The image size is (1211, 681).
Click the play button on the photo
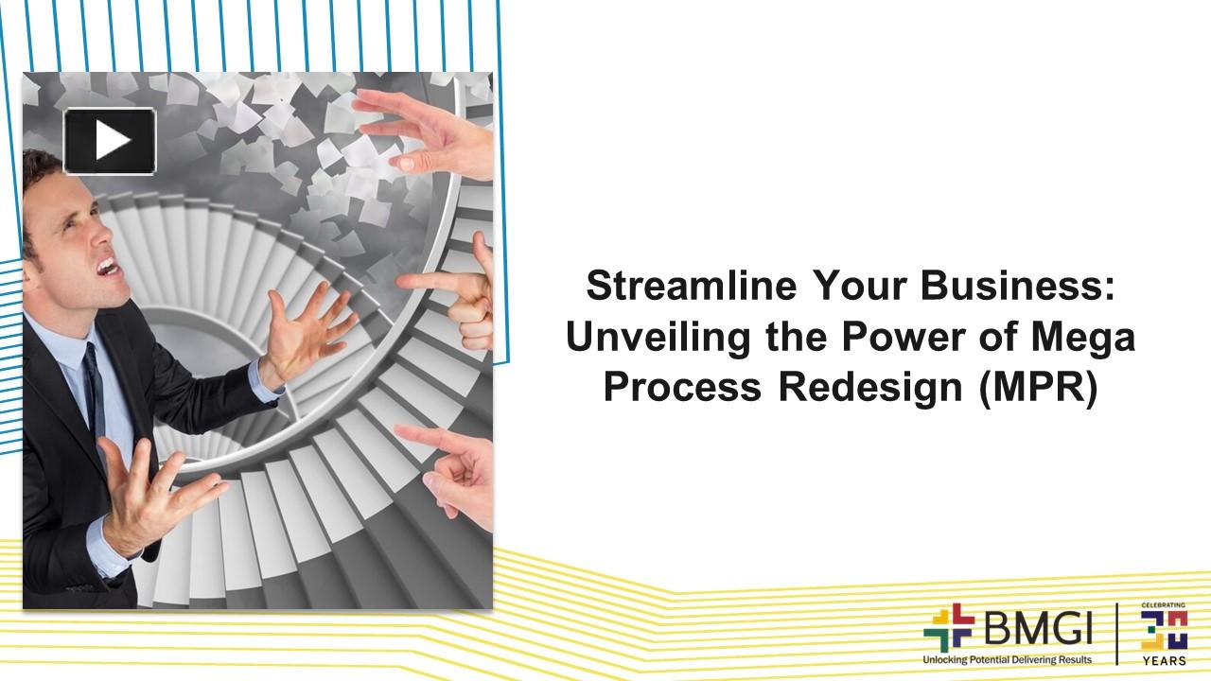(x=110, y=141)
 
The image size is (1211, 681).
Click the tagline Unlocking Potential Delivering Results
(x=1007, y=659)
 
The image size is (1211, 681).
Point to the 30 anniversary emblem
(x=1164, y=628)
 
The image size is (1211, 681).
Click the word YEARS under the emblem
(x=1164, y=660)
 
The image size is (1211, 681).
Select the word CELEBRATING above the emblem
(x=1164, y=604)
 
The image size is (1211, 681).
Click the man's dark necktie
(x=93, y=388)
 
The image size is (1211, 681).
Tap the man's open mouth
(x=107, y=267)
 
